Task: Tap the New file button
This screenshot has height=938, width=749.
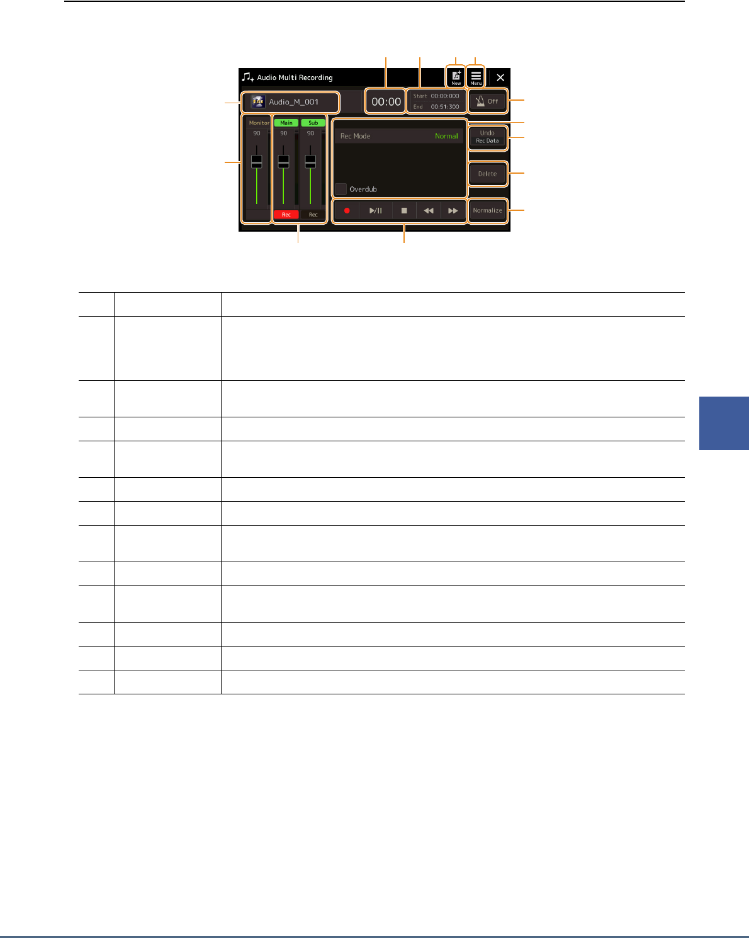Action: pyautogui.click(x=456, y=77)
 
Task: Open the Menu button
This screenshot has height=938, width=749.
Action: pyautogui.click(x=476, y=77)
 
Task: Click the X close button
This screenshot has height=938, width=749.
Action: pyautogui.click(x=500, y=77)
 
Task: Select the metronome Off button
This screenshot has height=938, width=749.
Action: pyautogui.click(x=488, y=101)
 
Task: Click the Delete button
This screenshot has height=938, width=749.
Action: pyautogui.click(x=488, y=174)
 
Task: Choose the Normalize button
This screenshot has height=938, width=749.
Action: pyautogui.click(x=488, y=210)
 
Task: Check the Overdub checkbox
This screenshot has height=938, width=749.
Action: pyautogui.click(x=341, y=189)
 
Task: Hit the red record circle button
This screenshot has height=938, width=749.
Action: pyautogui.click(x=346, y=211)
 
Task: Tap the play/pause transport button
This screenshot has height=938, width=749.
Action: pyautogui.click(x=376, y=211)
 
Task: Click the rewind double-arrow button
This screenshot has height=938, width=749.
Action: pyautogui.click(x=429, y=211)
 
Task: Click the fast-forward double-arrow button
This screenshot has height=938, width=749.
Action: pyautogui.click(x=453, y=211)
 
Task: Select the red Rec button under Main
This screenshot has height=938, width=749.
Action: pyautogui.click(x=286, y=215)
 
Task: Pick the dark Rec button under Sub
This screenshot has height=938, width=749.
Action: pyautogui.click(x=313, y=215)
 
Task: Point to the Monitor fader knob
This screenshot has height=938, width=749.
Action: pyautogui.click(x=256, y=161)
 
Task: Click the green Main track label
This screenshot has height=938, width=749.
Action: pyautogui.click(x=286, y=123)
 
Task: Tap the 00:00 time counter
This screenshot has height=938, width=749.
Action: pyautogui.click(x=386, y=101)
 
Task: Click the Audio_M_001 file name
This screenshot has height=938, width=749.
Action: pyautogui.click(x=293, y=102)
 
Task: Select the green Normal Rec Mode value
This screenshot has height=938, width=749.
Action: pyautogui.click(x=446, y=136)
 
